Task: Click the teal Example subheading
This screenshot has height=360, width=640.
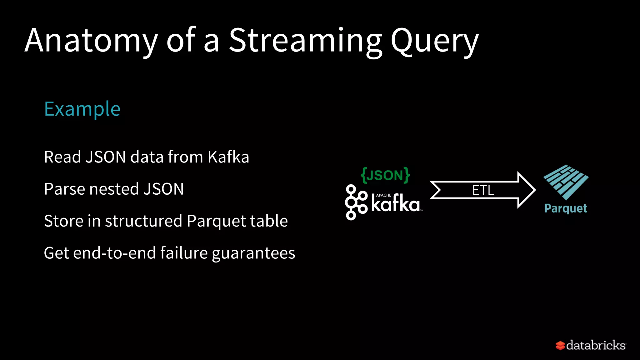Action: pos(82,109)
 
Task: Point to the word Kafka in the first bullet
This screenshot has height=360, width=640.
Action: pos(228,157)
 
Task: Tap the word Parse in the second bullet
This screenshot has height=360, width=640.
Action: pos(64,189)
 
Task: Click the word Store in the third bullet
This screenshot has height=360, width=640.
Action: pos(64,221)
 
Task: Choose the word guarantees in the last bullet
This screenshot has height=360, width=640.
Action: pos(253,253)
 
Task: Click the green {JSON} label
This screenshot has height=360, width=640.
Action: pos(385,175)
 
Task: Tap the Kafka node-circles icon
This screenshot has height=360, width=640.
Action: pos(356,202)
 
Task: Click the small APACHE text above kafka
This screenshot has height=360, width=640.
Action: pos(383,195)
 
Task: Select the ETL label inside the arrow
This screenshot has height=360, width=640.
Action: pos(483,190)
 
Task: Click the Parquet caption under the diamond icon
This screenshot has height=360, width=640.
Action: pos(566,208)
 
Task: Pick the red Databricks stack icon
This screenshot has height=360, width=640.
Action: pos(560,345)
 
